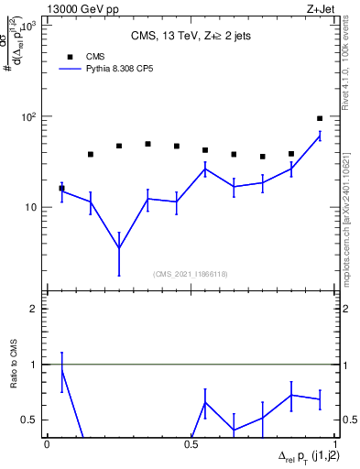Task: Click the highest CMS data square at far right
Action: pos(320,118)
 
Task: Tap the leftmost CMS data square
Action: pos(61,188)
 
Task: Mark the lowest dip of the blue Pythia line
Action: pos(119,248)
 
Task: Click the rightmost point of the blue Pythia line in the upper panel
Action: pos(320,136)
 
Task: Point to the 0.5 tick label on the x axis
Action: pos(191,444)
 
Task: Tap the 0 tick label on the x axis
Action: pos(47,444)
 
